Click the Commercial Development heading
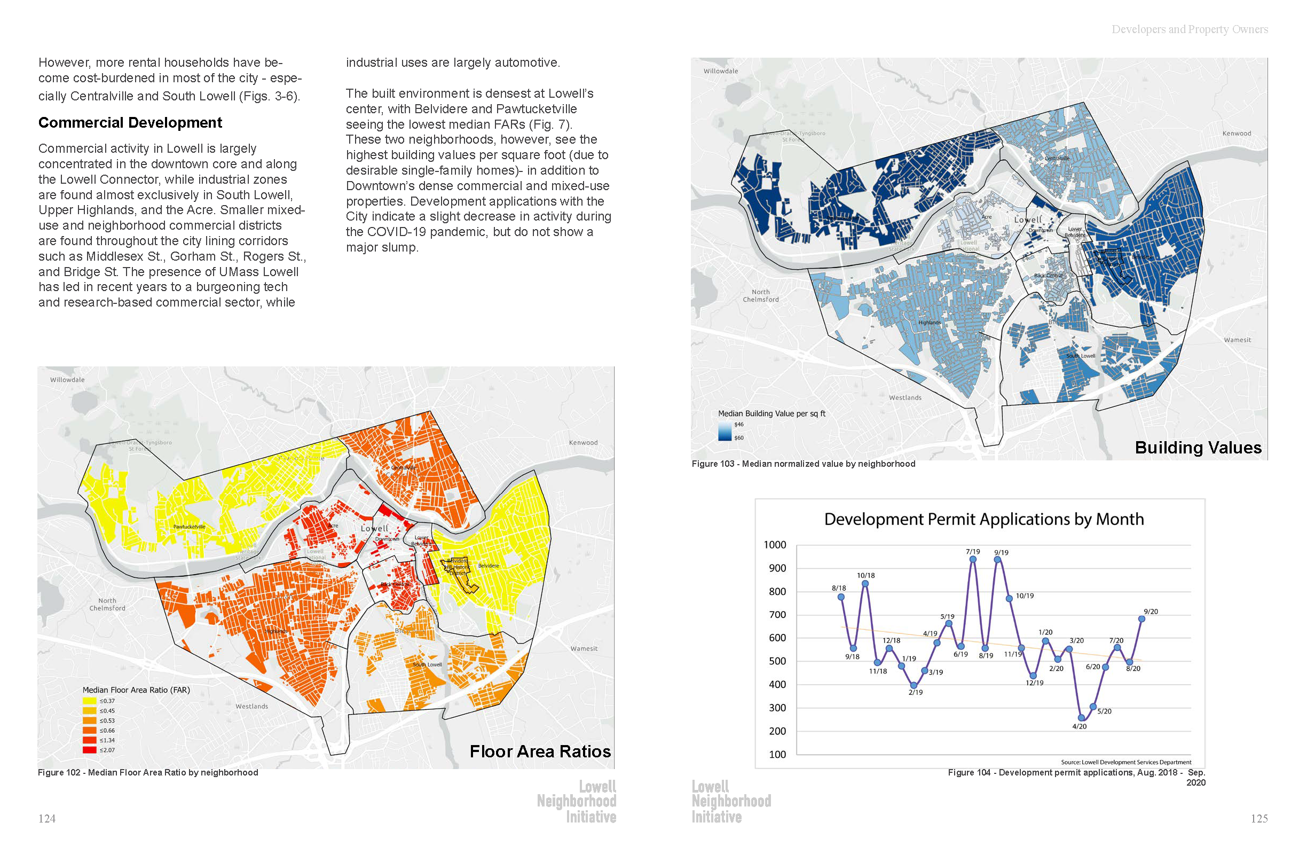click(x=130, y=122)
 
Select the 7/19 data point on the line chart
click(x=973, y=560)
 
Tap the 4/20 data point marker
click(x=1081, y=717)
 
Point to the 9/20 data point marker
click(x=1141, y=619)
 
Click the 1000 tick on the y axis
click(x=774, y=544)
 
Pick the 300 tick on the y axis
click(x=776, y=708)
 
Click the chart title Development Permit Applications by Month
click(x=983, y=519)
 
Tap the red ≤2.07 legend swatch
click(x=90, y=750)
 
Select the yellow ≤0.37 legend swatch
click(x=90, y=701)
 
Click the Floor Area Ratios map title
click(x=540, y=751)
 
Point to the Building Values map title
click(x=1198, y=447)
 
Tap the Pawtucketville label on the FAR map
click(x=189, y=527)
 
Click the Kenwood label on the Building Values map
click(x=1237, y=134)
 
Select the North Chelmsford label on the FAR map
click(x=108, y=604)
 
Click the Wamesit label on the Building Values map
click(x=1237, y=340)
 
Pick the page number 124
click(x=46, y=819)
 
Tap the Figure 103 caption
click(x=803, y=464)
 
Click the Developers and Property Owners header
click(x=1190, y=29)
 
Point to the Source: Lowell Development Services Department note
click(x=1126, y=762)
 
